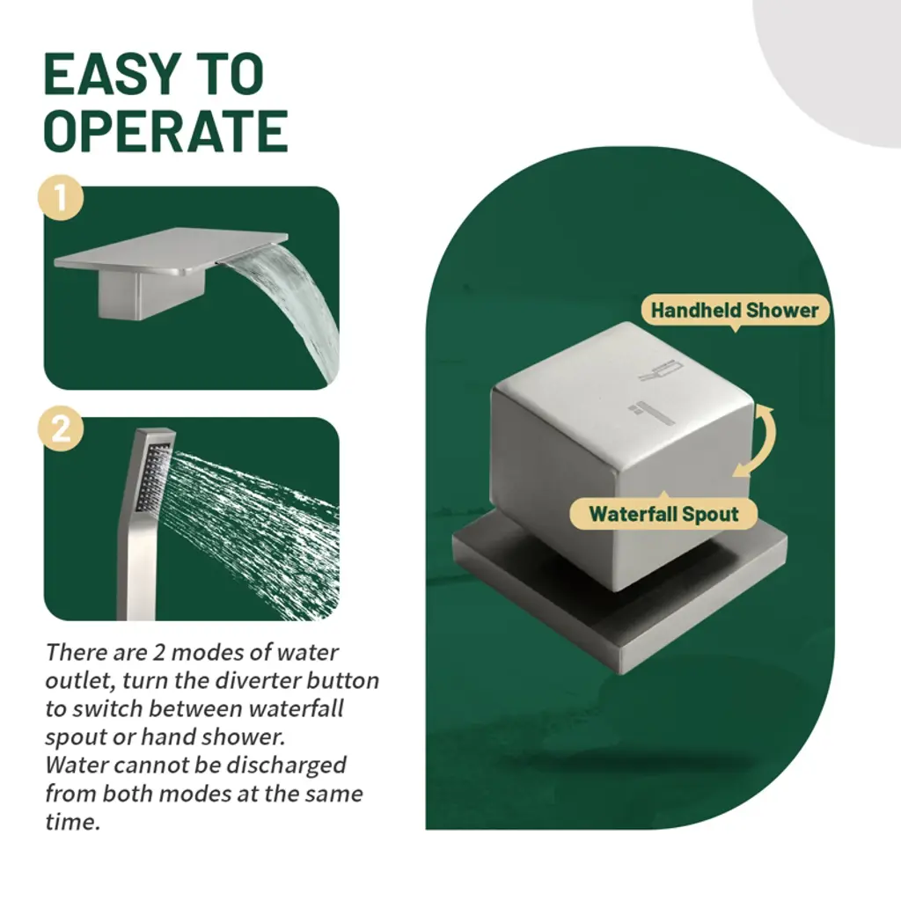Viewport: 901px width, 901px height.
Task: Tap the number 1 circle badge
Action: coord(61,198)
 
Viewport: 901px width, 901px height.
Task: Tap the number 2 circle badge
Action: coord(61,429)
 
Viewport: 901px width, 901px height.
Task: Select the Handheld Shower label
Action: coord(735,311)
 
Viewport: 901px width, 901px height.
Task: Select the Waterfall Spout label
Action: coord(663,513)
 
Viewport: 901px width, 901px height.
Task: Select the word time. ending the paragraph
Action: coord(72,822)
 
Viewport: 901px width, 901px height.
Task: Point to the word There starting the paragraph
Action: coord(75,652)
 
